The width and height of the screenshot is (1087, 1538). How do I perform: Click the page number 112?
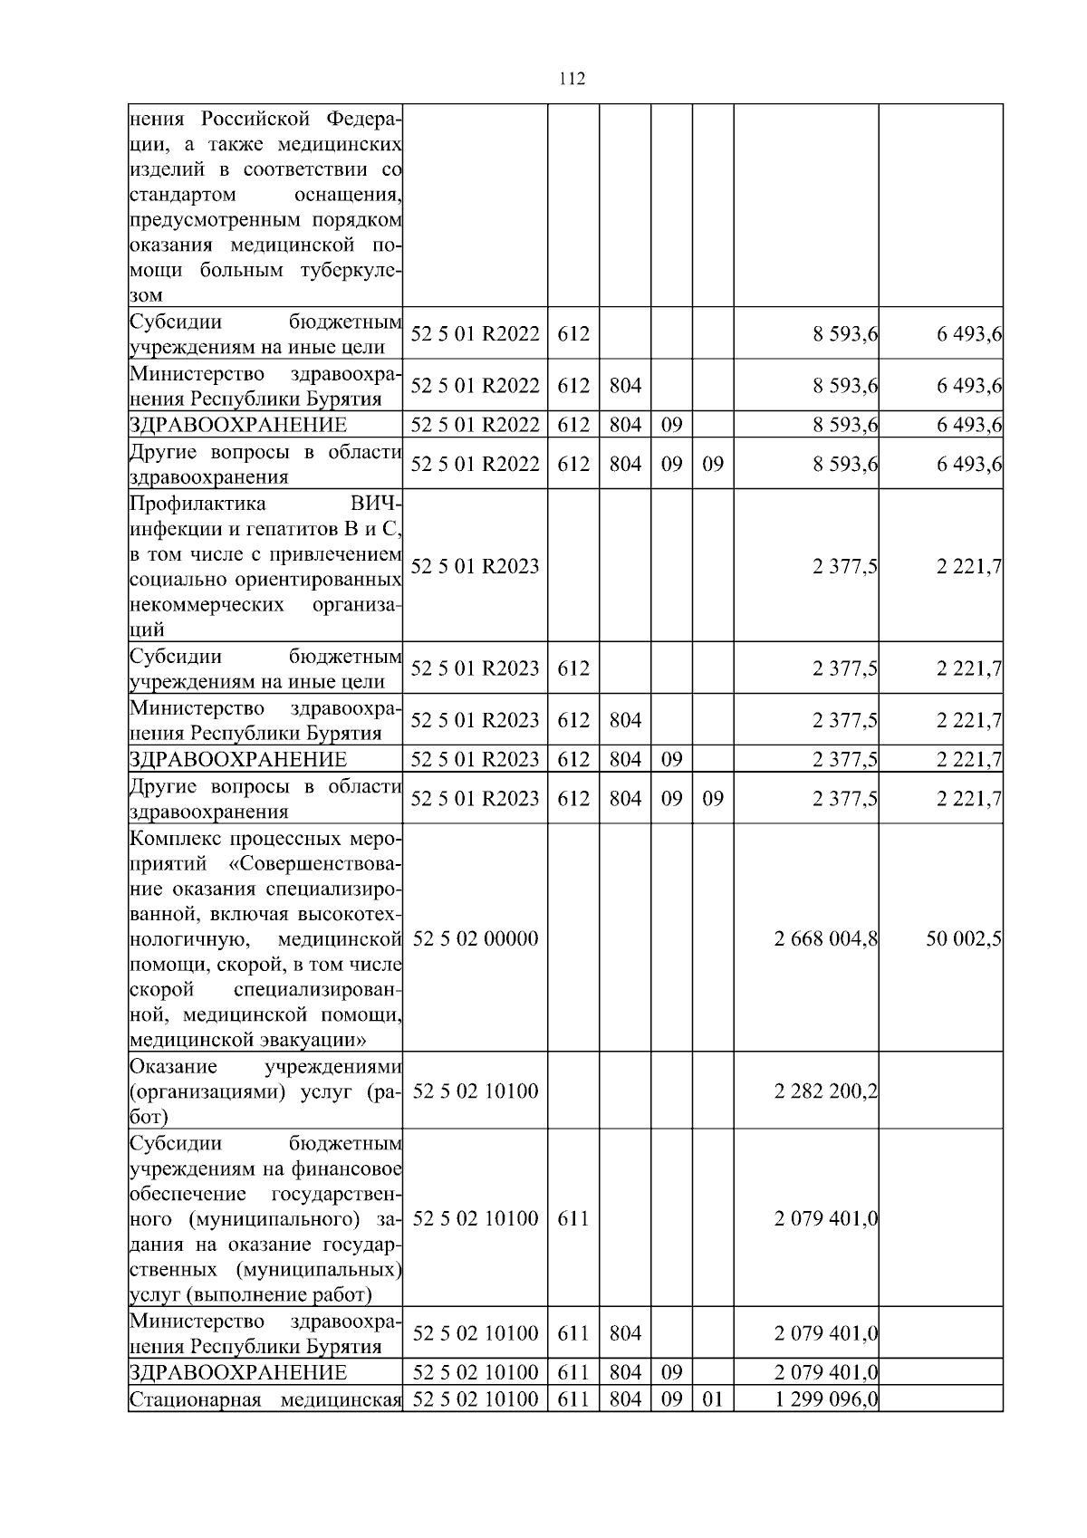[x=572, y=79]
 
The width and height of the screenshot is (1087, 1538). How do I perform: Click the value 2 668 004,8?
[x=825, y=938]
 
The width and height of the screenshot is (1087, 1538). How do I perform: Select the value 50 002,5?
[x=963, y=938]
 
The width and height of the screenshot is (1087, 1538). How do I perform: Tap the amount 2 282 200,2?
[x=825, y=1091]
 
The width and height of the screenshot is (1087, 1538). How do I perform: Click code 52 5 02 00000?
[x=476, y=938]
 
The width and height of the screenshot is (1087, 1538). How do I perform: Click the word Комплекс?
[x=173, y=838]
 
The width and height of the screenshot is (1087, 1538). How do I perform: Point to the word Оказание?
[x=173, y=1066]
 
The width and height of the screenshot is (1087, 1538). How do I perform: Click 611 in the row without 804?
[x=572, y=1219]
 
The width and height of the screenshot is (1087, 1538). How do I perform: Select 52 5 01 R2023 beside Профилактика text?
[x=476, y=567]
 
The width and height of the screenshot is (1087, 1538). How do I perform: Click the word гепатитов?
[x=274, y=529]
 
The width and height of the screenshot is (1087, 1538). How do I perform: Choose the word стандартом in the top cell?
[x=183, y=195]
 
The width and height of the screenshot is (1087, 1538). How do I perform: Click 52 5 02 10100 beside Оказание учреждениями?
[x=476, y=1091]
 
